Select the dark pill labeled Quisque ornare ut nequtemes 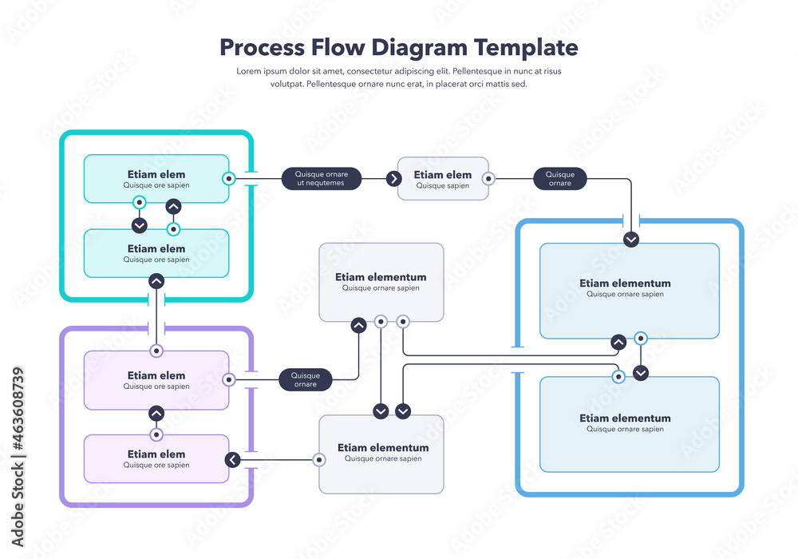[x=321, y=178]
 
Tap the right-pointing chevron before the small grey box [x=393, y=179]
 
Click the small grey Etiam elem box [x=443, y=179]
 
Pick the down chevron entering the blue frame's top [x=631, y=239]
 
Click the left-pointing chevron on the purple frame [x=232, y=459]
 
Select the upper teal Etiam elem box [x=156, y=178]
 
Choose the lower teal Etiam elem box [x=156, y=253]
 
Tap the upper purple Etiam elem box [x=156, y=380]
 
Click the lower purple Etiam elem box [x=156, y=458]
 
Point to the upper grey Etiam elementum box [x=381, y=282]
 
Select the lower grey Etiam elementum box [x=381, y=454]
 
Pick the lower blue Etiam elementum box [x=629, y=424]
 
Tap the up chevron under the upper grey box [x=359, y=325]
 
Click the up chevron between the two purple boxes [x=156, y=414]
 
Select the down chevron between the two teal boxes [x=140, y=224]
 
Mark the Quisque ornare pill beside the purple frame [x=305, y=380]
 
